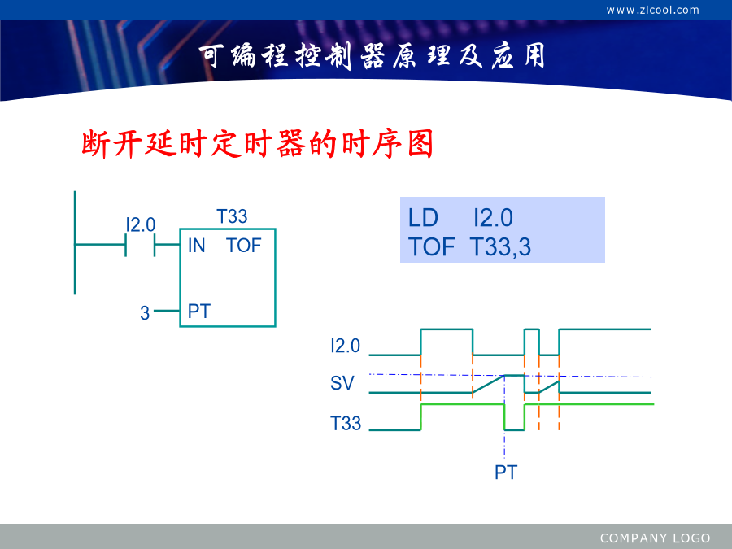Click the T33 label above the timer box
coord(232,216)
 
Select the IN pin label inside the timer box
coord(197,246)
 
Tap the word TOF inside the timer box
coord(244,246)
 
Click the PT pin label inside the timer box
coord(199,312)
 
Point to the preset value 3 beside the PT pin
coord(145,313)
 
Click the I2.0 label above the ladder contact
coord(141,225)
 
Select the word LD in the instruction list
coord(423,218)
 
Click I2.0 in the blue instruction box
coord(493,218)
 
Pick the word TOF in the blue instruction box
coord(431,247)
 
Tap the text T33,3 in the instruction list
coord(500,247)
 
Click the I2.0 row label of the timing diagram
coord(346,346)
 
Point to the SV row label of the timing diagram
coord(342,383)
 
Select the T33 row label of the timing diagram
coord(346,424)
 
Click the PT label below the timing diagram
coord(506,473)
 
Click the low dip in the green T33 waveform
coord(515,429)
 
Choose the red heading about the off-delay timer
coord(258,144)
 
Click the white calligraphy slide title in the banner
coord(372,56)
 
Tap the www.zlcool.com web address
coord(652,11)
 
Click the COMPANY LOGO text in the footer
coord(655,538)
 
